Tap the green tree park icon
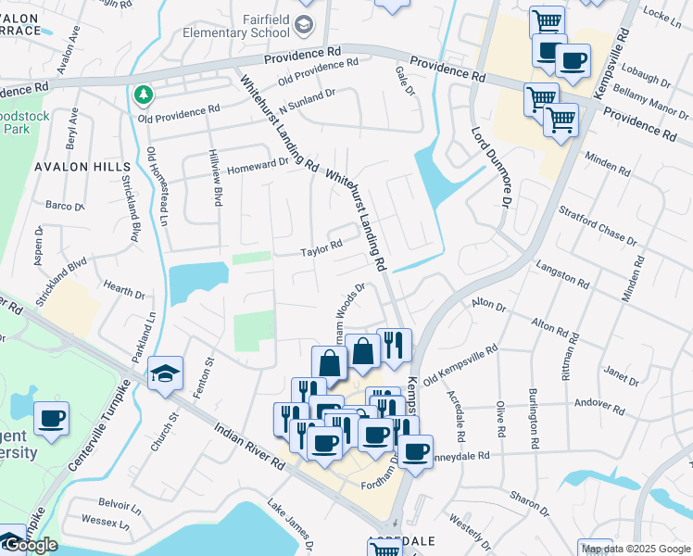143,94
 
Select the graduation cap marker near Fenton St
165,373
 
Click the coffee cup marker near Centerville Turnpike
51,418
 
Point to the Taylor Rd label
321,246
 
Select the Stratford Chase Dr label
598,226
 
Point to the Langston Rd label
562,276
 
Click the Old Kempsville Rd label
460,366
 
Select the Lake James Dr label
288,522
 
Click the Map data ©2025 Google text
636,549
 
